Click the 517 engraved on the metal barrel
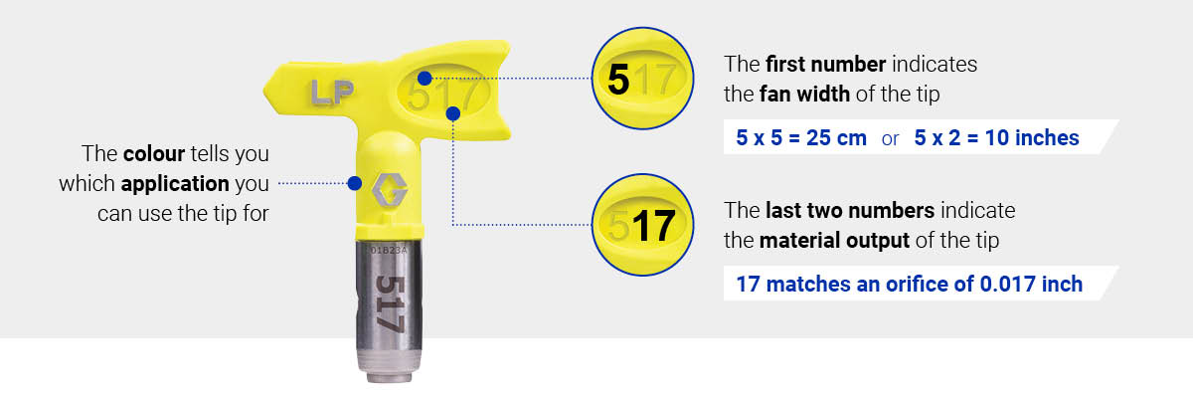click(x=389, y=302)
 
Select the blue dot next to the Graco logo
click(x=354, y=183)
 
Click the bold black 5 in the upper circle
click(x=617, y=80)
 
